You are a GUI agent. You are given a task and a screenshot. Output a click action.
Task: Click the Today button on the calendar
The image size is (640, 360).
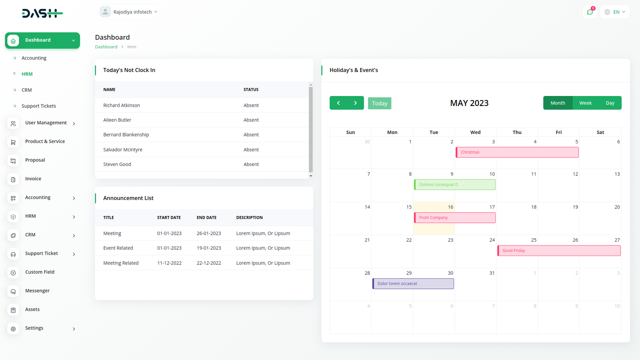[x=379, y=103]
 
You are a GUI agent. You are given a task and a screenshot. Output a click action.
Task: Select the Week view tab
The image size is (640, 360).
[x=585, y=103]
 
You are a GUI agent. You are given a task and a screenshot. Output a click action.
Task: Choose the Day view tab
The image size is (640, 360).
[x=610, y=103]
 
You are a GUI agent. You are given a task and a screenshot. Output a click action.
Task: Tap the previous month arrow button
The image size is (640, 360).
[x=338, y=103]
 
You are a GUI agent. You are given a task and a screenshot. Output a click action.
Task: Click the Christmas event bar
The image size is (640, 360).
[x=517, y=152]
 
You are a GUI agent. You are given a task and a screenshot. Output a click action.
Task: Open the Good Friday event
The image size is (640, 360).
[x=558, y=251]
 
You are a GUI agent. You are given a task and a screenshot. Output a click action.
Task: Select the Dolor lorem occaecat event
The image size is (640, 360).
[x=413, y=284]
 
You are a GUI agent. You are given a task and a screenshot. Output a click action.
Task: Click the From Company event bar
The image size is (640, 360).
[x=454, y=218]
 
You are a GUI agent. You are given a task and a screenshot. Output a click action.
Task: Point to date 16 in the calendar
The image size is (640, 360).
[x=450, y=207]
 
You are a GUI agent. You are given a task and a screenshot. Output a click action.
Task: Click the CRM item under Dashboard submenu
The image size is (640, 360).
[x=27, y=90]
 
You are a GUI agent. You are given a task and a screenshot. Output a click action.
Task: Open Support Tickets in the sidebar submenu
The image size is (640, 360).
[x=39, y=106]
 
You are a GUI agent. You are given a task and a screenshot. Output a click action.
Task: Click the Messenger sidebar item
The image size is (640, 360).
[x=37, y=291]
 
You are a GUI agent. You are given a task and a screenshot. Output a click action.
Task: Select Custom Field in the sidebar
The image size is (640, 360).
[x=40, y=272]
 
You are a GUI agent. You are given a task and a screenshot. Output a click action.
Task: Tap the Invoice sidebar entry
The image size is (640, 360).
[x=33, y=179]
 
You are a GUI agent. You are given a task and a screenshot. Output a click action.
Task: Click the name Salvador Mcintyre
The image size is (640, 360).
[x=123, y=150]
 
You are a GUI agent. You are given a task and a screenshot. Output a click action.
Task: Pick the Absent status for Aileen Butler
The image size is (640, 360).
[x=251, y=120]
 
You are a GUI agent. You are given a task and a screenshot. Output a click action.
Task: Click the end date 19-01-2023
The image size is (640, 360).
[x=209, y=248]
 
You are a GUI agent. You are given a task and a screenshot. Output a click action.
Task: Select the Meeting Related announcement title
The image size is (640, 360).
[x=121, y=263]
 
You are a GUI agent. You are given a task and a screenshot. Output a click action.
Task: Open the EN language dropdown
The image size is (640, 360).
[x=615, y=12]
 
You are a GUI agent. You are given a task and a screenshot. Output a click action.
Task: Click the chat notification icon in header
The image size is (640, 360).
[x=590, y=12]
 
